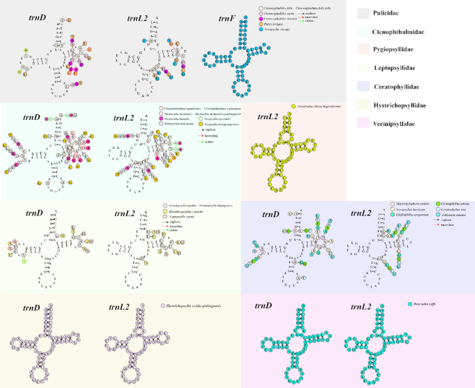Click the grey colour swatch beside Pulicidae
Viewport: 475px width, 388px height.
pyautogui.click(x=369, y=14)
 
